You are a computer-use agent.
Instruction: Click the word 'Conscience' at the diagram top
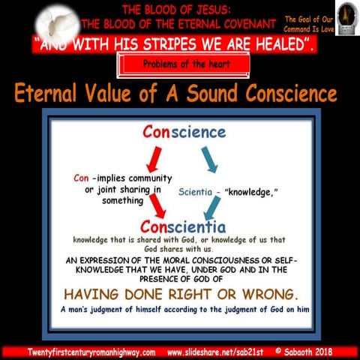pos(184,132)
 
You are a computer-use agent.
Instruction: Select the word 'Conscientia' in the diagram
pos(184,225)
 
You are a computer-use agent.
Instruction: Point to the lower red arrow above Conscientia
pos(158,205)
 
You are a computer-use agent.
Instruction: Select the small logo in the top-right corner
pos(346,16)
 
